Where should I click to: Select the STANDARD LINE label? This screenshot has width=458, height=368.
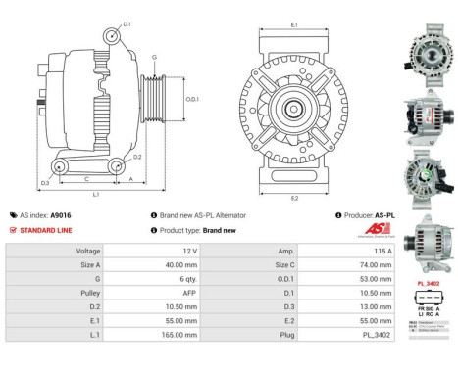47,230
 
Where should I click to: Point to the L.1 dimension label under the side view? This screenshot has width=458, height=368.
95,196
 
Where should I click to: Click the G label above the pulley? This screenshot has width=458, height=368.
154,58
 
